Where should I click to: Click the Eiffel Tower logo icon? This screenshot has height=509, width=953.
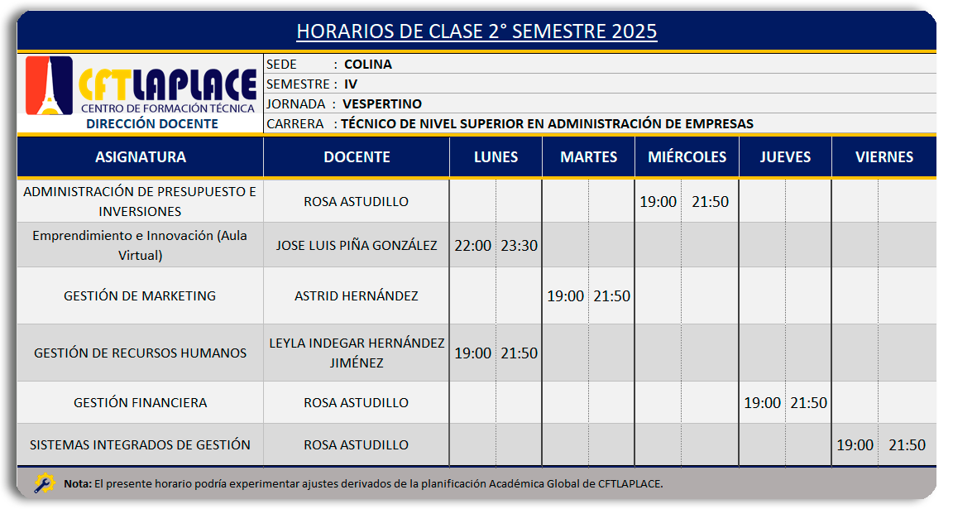(x=50, y=85)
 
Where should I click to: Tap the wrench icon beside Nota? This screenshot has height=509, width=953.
(x=45, y=483)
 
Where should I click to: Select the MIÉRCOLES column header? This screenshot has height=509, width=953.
(x=687, y=157)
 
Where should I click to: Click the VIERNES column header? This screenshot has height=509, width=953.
(x=884, y=157)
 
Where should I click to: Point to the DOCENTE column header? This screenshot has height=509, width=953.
(x=357, y=157)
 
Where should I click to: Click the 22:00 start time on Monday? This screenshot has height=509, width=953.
(x=473, y=246)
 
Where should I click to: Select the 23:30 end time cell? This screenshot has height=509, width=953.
(x=519, y=246)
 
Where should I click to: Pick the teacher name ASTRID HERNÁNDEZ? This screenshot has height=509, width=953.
(x=357, y=296)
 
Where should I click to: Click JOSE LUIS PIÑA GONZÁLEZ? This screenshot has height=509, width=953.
(x=357, y=246)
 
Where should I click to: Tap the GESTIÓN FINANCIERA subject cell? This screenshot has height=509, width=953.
(x=141, y=402)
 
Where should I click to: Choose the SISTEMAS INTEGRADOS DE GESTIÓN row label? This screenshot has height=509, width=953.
(x=141, y=445)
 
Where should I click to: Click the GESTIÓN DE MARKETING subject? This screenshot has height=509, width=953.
(x=140, y=296)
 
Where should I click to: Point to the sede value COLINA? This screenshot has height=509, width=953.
(x=367, y=65)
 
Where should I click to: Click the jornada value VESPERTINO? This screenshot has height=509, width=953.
(x=382, y=104)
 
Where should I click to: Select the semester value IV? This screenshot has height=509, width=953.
(x=351, y=84)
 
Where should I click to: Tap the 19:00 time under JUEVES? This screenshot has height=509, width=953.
(x=762, y=402)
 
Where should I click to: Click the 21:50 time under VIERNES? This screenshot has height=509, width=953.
(x=907, y=445)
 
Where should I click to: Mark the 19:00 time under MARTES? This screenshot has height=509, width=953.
(x=565, y=296)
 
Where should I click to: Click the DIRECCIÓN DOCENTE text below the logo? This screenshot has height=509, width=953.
(x=152, y=124)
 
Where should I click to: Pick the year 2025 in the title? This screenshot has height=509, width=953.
(x=635, y=31)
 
